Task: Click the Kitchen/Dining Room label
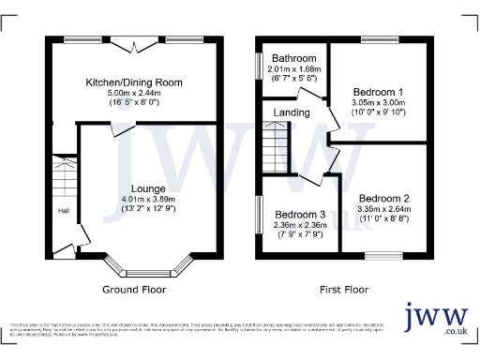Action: click(x=134, y=83)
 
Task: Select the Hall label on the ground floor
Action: click(x=64, y=210)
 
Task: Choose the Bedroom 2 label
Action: click(x=383, y=199)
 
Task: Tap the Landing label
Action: click(x=291, y=113)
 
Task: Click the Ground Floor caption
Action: click(x=135, y=290)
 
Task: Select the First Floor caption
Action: click(x=344, y=290)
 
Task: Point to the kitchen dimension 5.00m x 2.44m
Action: click(x=134, y=94)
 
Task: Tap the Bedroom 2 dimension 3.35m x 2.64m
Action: click(x=383, y=211)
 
